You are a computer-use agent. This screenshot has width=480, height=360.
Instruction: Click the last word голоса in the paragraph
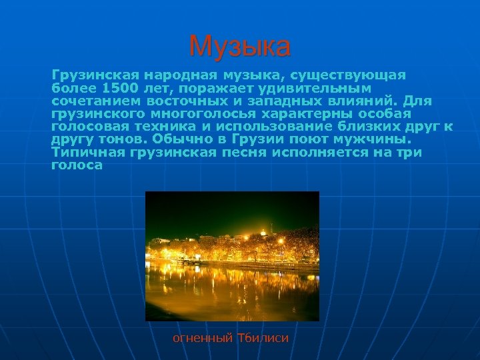[77, 165]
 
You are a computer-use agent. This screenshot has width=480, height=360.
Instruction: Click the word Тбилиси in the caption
[263, 338]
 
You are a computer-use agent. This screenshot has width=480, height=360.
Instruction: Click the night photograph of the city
[232, 256]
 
